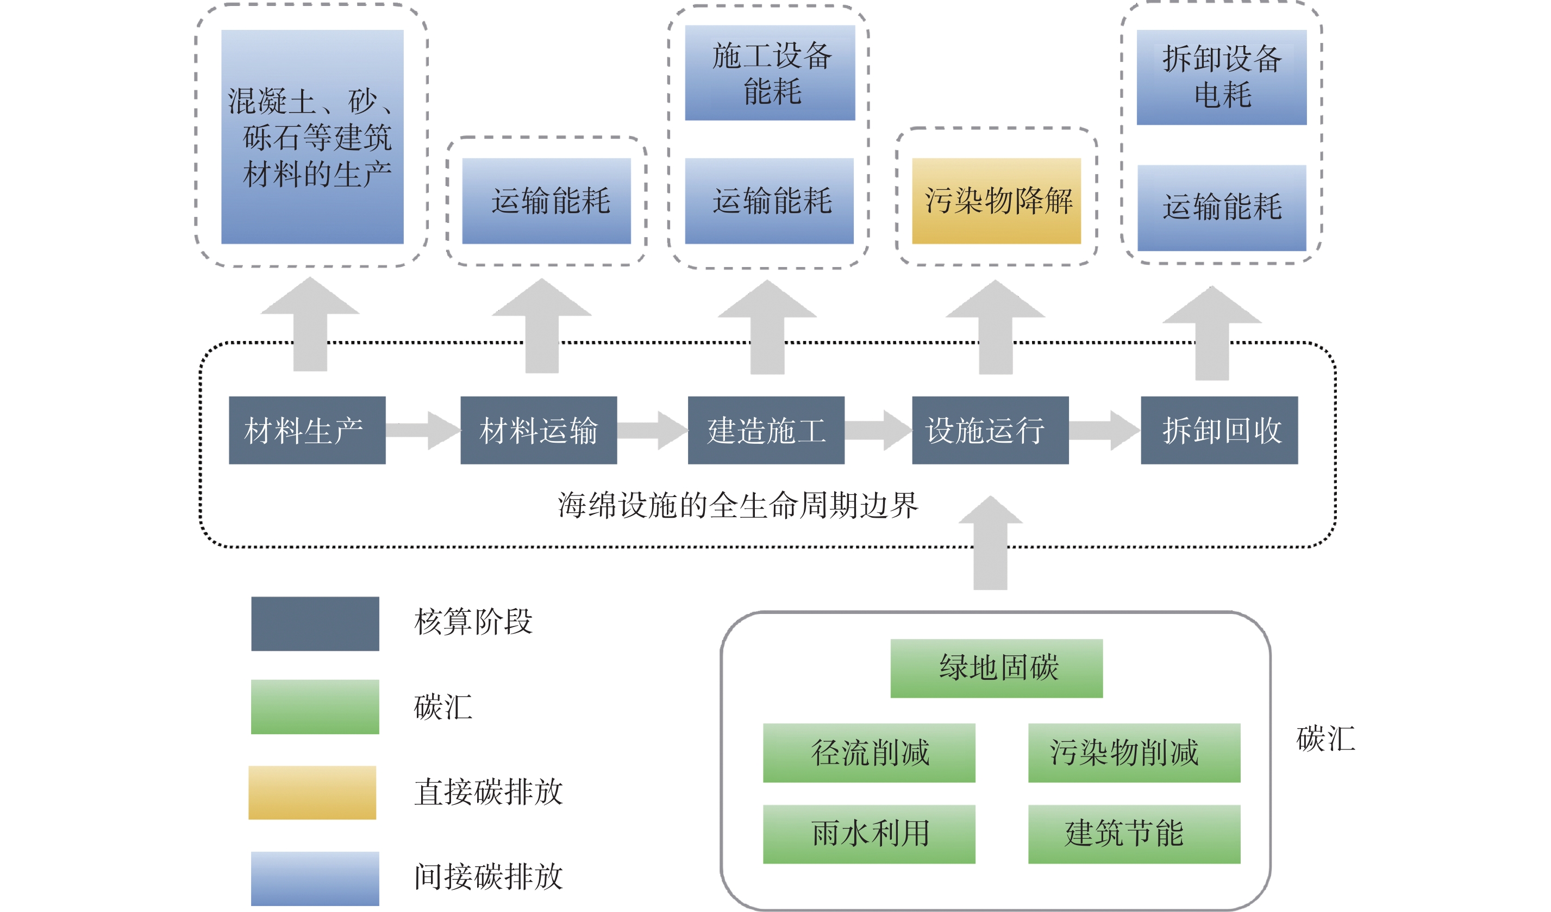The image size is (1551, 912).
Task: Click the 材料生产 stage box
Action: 307,430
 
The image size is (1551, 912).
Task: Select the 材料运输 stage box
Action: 539,430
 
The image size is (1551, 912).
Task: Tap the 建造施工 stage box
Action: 766,430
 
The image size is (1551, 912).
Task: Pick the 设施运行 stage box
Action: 990,430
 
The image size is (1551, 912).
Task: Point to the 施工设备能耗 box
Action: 770,73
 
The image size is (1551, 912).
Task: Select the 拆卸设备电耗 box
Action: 1221,77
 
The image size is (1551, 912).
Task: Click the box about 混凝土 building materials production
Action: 312,137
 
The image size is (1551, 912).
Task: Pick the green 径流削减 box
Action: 868,753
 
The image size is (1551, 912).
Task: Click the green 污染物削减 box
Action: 1134,753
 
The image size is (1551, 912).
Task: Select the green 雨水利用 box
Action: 868,834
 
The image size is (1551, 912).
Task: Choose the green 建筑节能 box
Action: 1134,834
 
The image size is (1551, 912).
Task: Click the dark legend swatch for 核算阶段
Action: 315,623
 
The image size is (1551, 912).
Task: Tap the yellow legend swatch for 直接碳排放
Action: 312,792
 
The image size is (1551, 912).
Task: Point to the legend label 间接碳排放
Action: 488,876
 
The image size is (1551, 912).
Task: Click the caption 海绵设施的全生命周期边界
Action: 737,506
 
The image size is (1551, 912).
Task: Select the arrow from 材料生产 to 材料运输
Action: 423,430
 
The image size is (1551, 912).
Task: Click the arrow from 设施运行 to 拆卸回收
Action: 1105,430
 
